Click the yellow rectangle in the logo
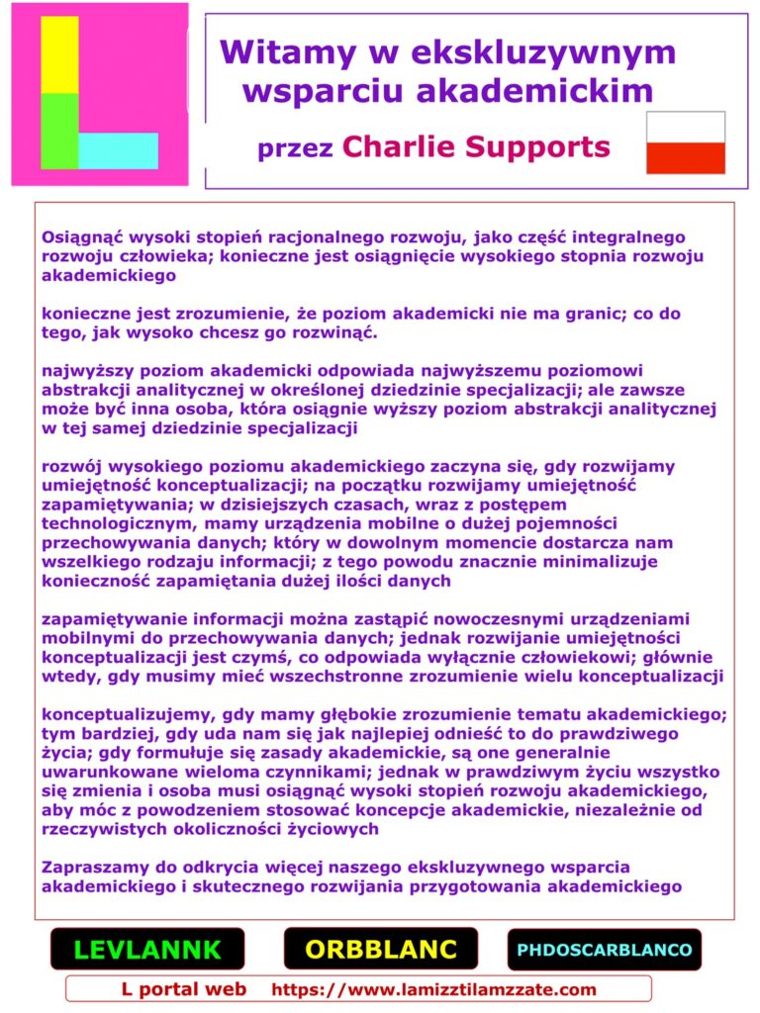click(59, 55)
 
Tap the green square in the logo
click(59, 131)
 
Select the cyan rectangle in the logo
click(118, 150)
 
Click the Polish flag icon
click(685, 142)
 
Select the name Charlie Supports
click(476, 147)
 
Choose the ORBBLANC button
click(381, 950)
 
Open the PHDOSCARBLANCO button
click(604, 950)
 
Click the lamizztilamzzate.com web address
click(433, 989)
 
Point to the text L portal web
click(184, 989)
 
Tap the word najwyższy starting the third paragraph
click(88, 371)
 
